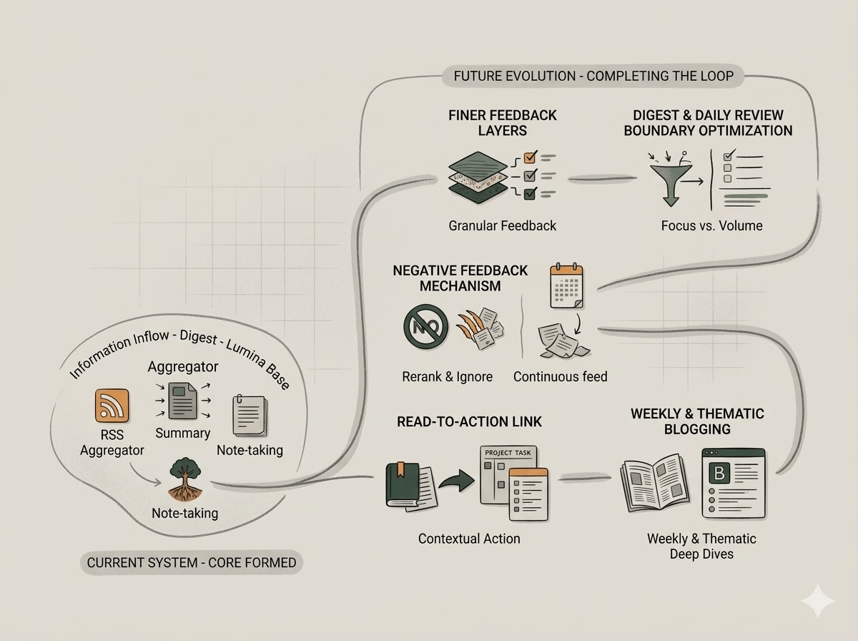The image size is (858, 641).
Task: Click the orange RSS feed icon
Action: [112, 405]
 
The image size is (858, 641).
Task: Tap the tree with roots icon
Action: [185, 479]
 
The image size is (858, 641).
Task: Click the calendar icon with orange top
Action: [566, 286]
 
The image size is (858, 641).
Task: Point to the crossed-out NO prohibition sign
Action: [425, 326]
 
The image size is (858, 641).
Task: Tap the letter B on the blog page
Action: [719, 473]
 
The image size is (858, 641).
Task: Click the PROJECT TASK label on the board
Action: [508, 453]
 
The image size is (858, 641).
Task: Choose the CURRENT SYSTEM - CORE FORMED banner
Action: [192, 563]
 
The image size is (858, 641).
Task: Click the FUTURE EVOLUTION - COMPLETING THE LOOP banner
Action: [593, 76]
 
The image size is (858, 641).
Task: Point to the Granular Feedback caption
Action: [503, 225]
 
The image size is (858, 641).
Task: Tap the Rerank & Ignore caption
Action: [447, 376]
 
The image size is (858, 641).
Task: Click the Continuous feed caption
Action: [560, 376]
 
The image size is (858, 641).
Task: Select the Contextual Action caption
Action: [469, 539]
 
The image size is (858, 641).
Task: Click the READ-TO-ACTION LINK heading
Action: [470, 421]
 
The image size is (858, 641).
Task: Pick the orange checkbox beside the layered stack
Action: [530, 157]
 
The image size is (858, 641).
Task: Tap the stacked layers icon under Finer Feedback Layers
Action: [478, 177]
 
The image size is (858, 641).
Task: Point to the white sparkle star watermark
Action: [817, 601]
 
